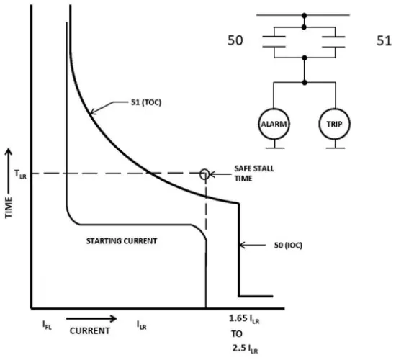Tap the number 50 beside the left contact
[235, 40]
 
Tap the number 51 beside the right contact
[384, 40]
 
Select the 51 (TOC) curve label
[146, 102]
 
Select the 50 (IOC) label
[288, 246]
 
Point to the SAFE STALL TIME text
[254, 174]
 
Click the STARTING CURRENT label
[122, 241]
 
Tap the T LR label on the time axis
[20, 174]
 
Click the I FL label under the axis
[47, 325]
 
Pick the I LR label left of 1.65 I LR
[141, 325]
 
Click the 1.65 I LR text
[244, 320]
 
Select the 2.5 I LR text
[246, 348]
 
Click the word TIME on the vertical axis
[9, 207]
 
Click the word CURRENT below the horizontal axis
[90, 331]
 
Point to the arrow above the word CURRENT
[91, 319]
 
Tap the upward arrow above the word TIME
[9, 171]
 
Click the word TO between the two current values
[237, 334]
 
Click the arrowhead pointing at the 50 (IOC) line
[242, 245]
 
